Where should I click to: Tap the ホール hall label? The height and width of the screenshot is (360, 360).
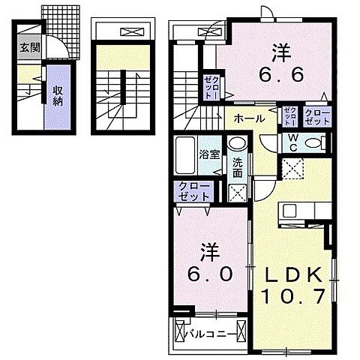click(x=247, y=118)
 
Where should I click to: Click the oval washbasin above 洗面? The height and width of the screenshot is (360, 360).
click(x=237, y=145)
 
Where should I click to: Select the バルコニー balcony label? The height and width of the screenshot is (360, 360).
click(x=215, y=331)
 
